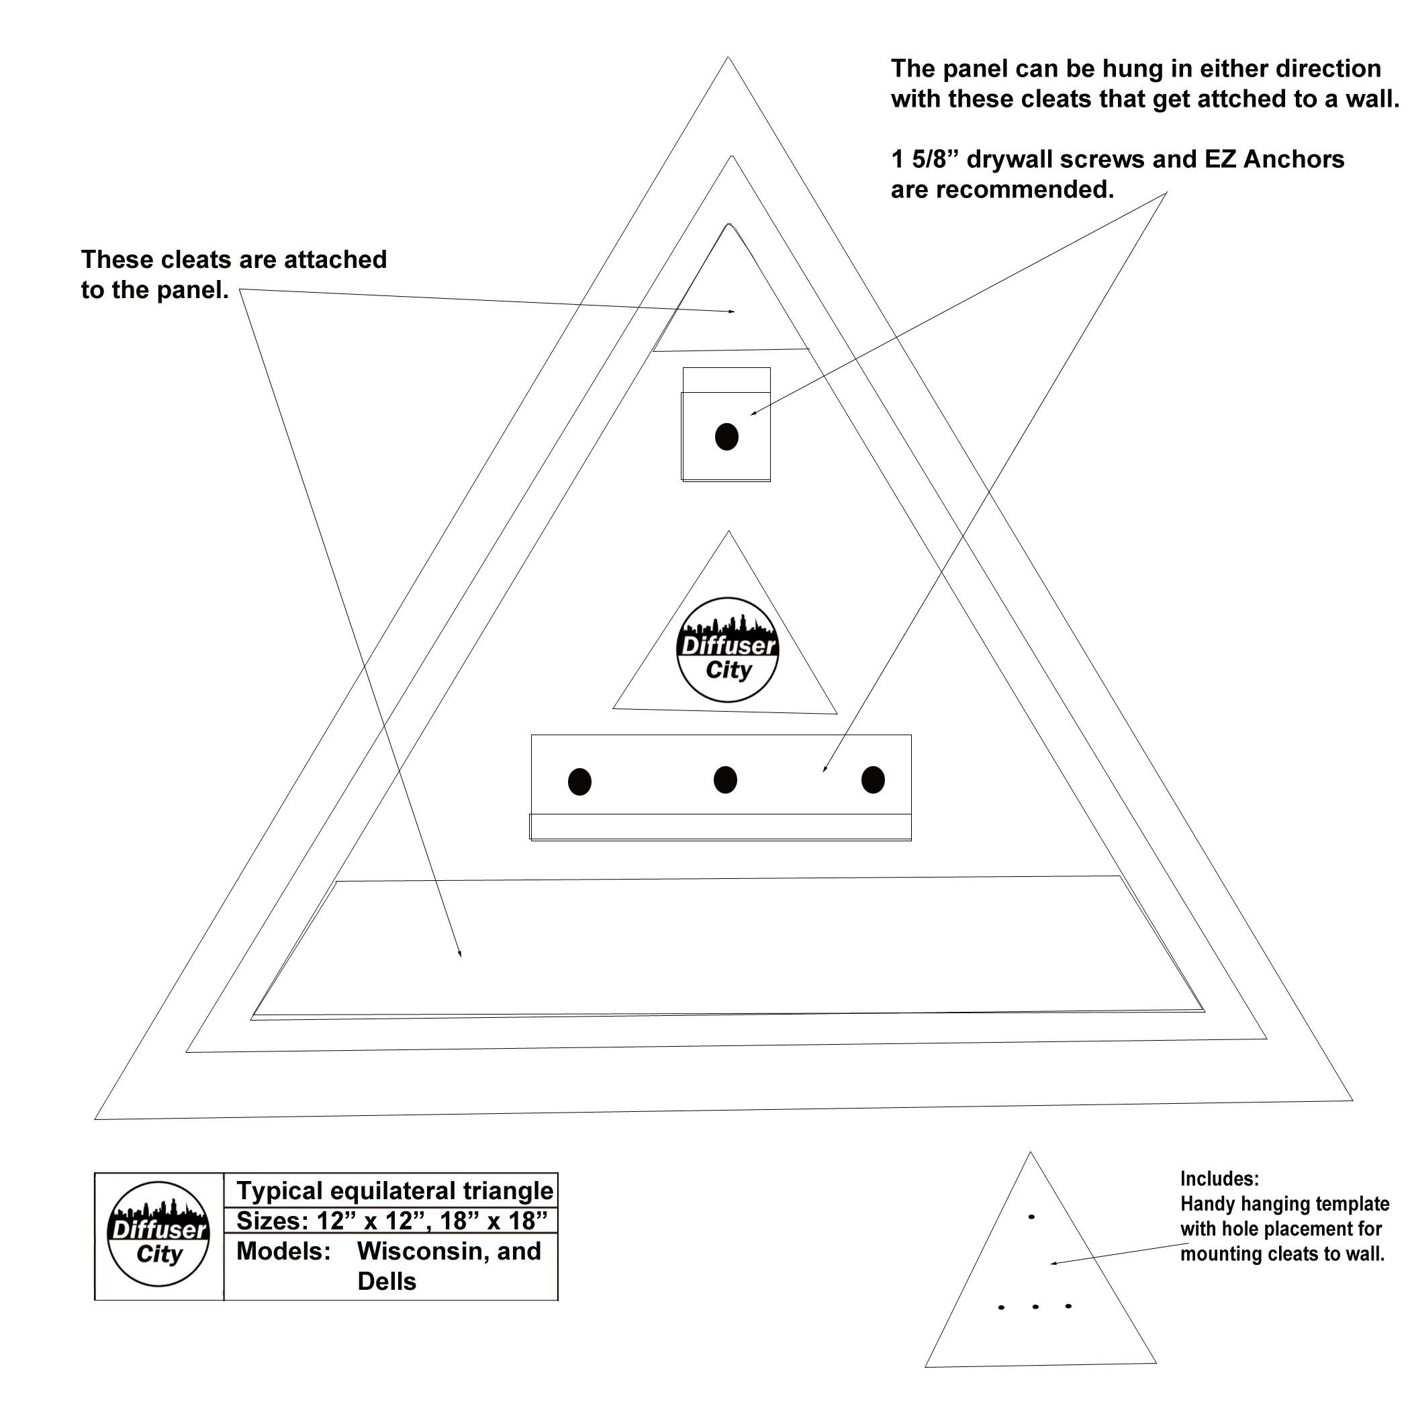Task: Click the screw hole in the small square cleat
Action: click(x=726, y=436)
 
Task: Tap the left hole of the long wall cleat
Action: click(x=579, y=782)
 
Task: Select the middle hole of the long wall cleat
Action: click(x=724, y=780)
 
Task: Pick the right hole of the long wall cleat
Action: click(x=873, y=780)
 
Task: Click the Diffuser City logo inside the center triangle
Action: click(x=728, y=650)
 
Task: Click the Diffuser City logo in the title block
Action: click(x=158, y=1234)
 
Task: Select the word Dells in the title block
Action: click(x=387, y=1281)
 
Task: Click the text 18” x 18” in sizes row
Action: click(x=493, y=1220)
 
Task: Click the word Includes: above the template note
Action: click(x=1219, y=1178)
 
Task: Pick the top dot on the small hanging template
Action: click(x=1031, y=1217)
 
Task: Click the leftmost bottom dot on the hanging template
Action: click(x=1000, y=1307)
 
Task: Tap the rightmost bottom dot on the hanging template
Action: click(x=1068, y=1306)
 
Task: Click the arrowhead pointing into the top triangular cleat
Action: click(x=732, y=312)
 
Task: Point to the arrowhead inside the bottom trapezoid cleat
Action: click(x=460, y=954)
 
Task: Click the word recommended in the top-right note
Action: click(x=1025, y=190)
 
